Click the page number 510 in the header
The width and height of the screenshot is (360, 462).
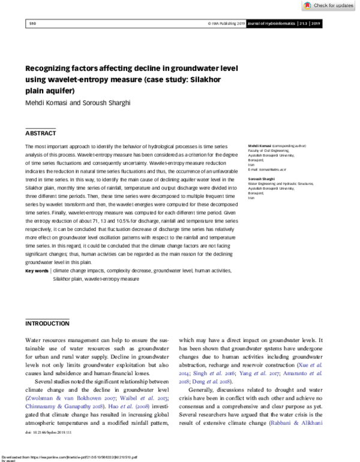[x=33, y=24]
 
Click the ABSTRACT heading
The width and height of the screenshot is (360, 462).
[x=41, y=133]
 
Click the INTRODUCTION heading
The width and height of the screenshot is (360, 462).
[x=48, y=323]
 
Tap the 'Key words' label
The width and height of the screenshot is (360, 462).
[x=37, y=271]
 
